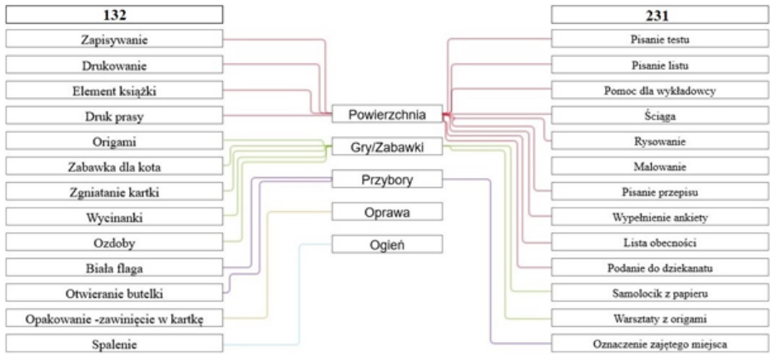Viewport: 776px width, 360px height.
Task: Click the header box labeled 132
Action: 115,14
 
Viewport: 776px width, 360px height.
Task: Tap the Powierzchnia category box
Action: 387,114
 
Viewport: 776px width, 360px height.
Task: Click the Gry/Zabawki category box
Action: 387,147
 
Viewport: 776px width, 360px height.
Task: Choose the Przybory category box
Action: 387,180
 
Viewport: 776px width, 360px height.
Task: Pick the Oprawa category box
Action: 387,212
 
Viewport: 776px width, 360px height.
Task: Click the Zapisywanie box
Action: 115,39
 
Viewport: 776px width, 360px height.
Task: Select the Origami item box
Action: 115,140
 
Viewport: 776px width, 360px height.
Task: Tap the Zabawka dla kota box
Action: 115,166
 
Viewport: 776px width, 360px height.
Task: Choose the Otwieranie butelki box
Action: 115,293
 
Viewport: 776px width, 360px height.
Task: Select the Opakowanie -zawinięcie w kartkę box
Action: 115,318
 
